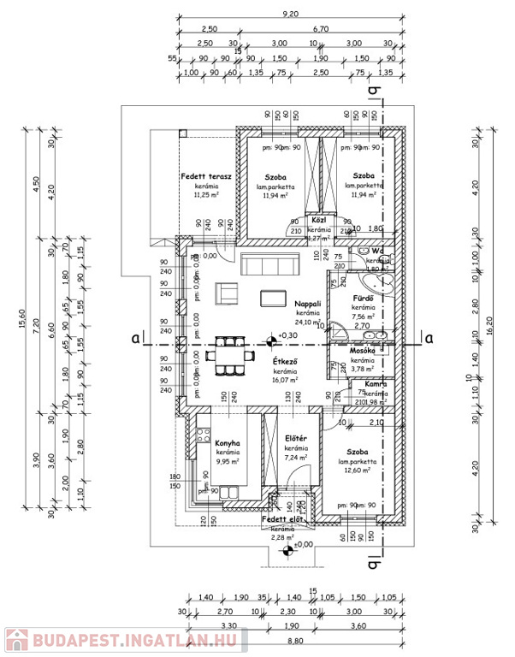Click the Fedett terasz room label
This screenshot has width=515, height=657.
point(201,176)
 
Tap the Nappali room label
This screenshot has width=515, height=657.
point(307,303)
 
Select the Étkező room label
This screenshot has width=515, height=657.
point(285,363)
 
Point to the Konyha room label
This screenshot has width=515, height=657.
point(228,442)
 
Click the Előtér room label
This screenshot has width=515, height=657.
point(296,439)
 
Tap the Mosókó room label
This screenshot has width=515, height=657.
point(364,351)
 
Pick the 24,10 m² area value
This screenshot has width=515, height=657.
point(307,323)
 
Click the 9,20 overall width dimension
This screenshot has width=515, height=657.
point(291,14)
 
